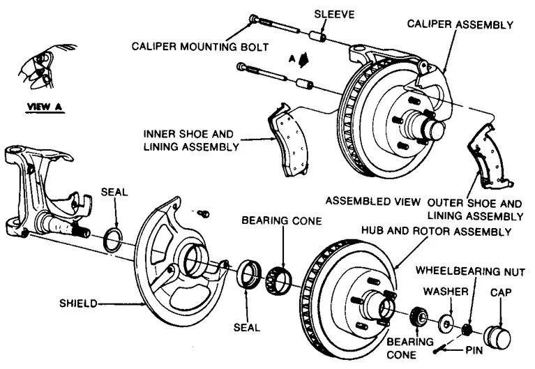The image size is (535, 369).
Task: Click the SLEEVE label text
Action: [x=335, y=13]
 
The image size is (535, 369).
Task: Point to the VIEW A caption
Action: [x=45, y=107]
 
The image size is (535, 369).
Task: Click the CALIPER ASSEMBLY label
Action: [x=460, y=24]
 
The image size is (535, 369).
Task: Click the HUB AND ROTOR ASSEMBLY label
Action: [x=437, y=231]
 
